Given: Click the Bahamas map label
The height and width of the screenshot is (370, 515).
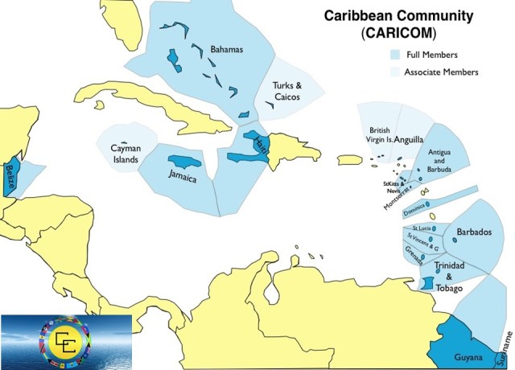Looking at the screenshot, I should click(x=226, y=50).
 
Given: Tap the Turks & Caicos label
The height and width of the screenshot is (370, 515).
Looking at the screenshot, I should click(x=286, y=91).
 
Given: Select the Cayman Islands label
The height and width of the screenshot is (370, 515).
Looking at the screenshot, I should click(x=125, y=154).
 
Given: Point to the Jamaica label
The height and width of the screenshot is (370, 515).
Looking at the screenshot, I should click(x=183, y=177).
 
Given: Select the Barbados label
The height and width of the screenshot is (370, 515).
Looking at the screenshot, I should click(x=474, y=232).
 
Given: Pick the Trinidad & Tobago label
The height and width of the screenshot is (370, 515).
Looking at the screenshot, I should click(x=449, y=276).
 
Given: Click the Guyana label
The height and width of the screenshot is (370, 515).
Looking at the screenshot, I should click(x=467, y=357).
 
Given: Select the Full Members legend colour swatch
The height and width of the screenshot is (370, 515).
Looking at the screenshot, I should click(x=395, y=55).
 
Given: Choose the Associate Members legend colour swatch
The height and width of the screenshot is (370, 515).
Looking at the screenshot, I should click(x=395, y=72).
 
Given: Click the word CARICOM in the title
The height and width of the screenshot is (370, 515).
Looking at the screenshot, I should click(x=399, y=34).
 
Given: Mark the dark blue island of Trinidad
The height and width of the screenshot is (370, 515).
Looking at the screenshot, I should click(x=429, y=284).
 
